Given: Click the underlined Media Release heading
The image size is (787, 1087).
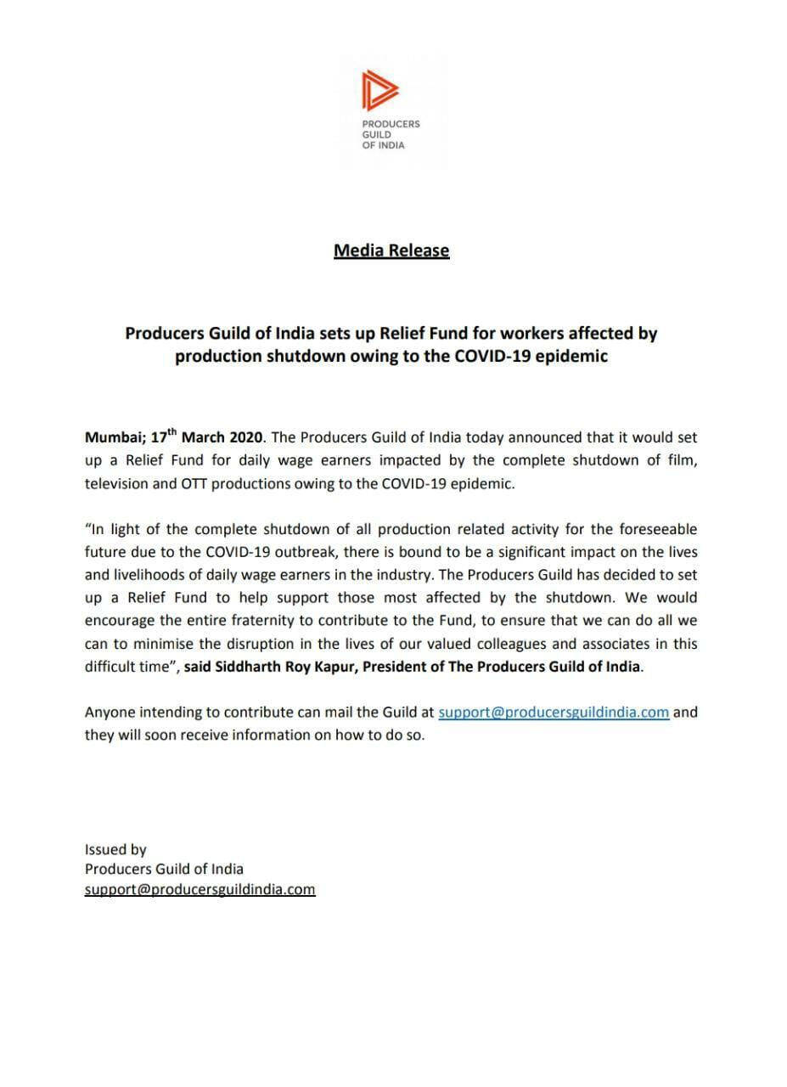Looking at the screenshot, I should [391, 251].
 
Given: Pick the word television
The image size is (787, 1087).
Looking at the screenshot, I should [120, 483].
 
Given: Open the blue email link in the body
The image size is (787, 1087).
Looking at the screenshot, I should [554, 712].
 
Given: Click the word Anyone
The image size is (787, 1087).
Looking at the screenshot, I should [109, 712].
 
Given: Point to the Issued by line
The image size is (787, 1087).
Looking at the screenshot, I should [115, 849].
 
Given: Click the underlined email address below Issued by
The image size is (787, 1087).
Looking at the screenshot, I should [200, 890].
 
